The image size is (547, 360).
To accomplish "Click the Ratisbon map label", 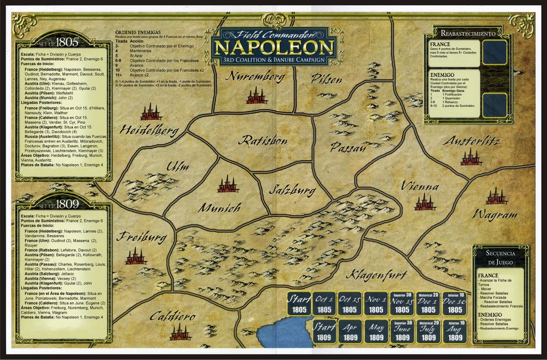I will tap(263, 140).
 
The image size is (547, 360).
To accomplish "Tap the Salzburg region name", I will tap(292, 190).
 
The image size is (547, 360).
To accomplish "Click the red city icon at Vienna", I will tap(425, 202).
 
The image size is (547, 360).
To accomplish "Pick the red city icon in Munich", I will tap(228, 184).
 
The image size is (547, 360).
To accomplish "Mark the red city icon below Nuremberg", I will tap(256, 96).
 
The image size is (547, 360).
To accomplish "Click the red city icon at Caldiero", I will tap(180, 332).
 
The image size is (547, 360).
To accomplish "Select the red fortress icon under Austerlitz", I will tap(471, 158).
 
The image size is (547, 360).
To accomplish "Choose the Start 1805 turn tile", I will tap(299, 304).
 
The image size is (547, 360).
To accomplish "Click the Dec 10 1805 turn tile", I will tap(455, 304).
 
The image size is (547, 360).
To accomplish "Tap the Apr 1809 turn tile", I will tap(350, 332).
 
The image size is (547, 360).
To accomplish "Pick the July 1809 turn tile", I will tap(428, 332).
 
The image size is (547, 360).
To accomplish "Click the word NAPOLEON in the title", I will tap(274, 48).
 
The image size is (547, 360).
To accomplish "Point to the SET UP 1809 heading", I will tap(63, 204).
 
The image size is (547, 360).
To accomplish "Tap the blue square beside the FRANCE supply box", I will tap(494, 53).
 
